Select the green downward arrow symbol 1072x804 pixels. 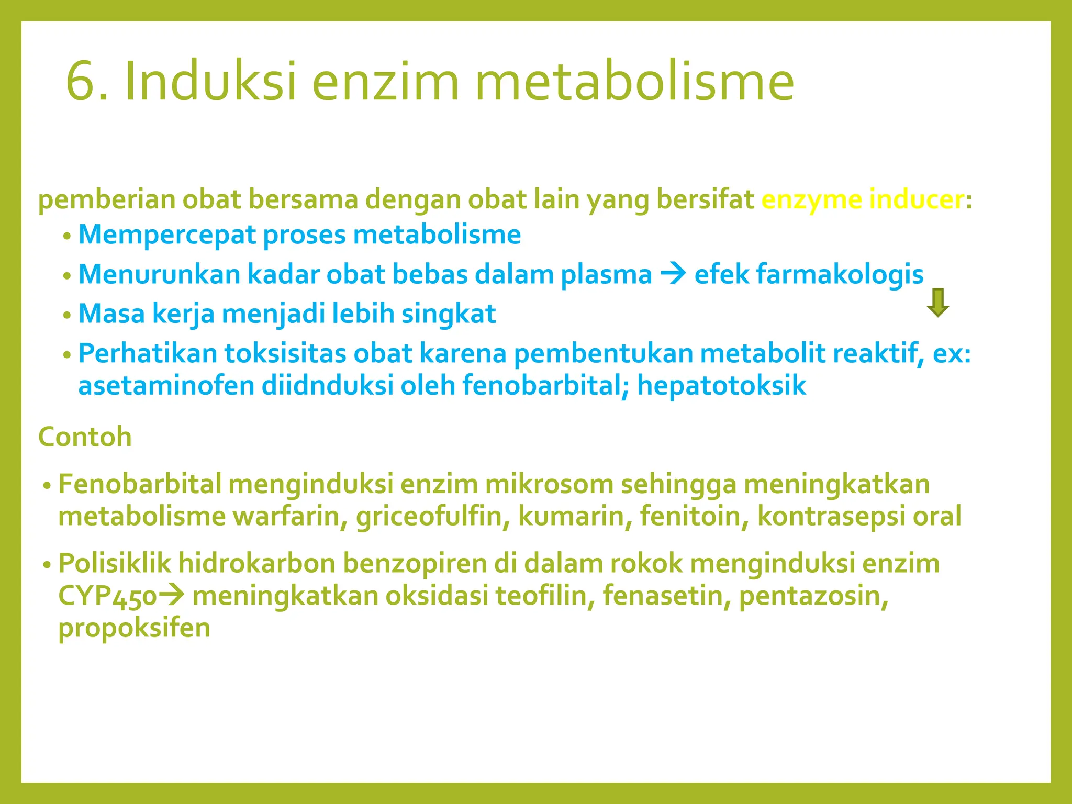coord(937,303)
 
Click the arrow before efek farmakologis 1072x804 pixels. coord(673,274)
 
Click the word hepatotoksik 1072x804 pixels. coord(721,386)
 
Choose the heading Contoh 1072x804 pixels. coord(85,437)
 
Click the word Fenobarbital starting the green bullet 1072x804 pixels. coord(140,484)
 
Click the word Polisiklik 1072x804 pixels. coord(115,564)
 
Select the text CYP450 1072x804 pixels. coord(107,596)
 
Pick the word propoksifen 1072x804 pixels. coord(134,628)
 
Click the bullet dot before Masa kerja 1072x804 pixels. coord(66,316)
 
